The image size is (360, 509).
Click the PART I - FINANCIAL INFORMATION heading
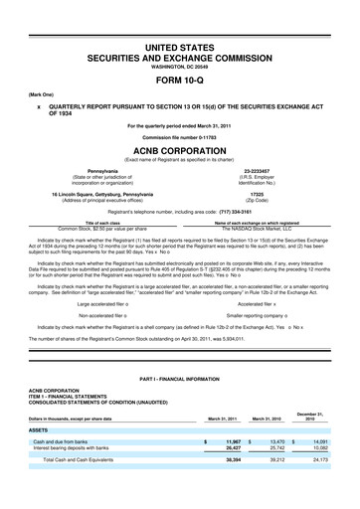click(180, 385)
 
